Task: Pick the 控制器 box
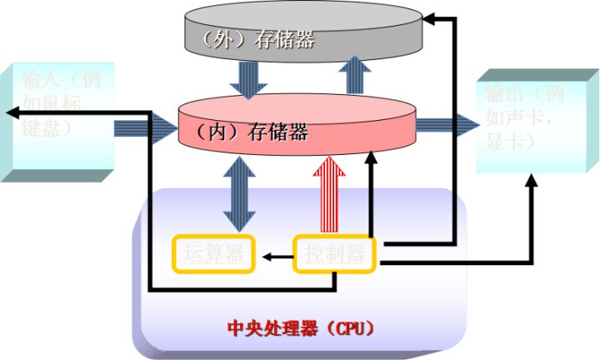point(334,255)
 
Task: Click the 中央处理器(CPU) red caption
point(301,327)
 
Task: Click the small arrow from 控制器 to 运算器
point(275,257)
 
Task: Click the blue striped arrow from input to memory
point(146,127)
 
